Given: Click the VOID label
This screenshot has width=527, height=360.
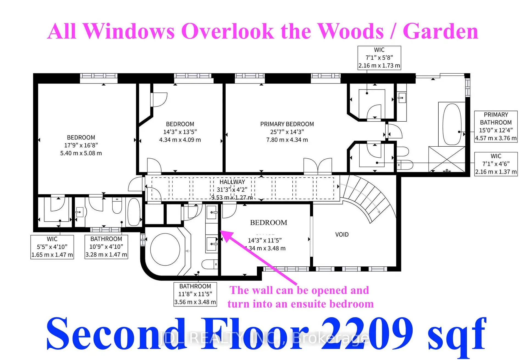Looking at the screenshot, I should pyautogui.click(x=342, y=235).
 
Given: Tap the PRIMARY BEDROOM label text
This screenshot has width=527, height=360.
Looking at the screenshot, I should pyautogui.click(x=287, y=124).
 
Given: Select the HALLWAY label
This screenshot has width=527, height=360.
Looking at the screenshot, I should pyautogui.click(x=232, y=182).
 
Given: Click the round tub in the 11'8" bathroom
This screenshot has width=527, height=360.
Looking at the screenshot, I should pyautogui.click(x=165, y=249).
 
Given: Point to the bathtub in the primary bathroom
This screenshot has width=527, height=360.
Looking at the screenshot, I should pyautogui.click(x=452, y=124).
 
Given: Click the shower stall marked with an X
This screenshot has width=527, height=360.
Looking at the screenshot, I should pyautogui.click(x=447, y=159).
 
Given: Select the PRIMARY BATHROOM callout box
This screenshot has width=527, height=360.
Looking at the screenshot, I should pyautogui.click(x=496, y=126).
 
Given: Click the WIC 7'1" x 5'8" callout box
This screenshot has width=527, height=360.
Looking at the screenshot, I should pyautogui.click(x=379, y=58).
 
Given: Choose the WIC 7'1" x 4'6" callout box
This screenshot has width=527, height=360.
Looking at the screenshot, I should pyautogui.click(x=496, y=164).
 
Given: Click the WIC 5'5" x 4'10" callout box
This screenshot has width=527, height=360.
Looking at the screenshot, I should pyautogui.click(x=52, y=247).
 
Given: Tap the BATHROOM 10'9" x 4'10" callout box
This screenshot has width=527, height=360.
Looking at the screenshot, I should pyautogui.click(x=106, y=247).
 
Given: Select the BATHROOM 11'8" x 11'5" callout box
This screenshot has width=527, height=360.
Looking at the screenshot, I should pyautogui.click(x=195, y=294).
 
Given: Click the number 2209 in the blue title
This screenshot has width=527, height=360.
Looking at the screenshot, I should pyautogui.click(x=367, y=334).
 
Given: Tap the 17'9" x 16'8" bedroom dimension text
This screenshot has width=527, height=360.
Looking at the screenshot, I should pyautogui.click(x=81, y=145).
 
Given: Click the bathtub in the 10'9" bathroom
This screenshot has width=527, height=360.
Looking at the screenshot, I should pyautogui.click(x=134, y=212).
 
